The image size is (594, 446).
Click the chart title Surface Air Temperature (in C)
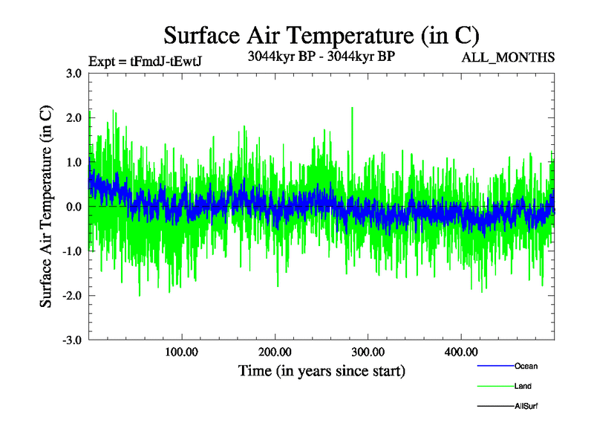click(x=322, y=35)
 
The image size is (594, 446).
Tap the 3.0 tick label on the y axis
click(x=74, y=74)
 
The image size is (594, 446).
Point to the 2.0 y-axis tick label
click(x=74, y=118)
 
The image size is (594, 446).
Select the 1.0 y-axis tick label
click(x=74, y=163)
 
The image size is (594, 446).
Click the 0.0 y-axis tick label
click(x=74, y=207)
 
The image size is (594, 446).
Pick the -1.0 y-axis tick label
click(x=71, y=251)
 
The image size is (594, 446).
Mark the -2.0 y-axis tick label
click(x=71, y=296)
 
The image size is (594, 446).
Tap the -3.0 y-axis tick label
click(x=71, y=340)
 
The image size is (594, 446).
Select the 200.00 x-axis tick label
click(x=275, y=352)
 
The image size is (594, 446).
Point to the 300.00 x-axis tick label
click(x=368, y=352)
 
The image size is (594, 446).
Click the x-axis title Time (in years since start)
click(x=322, y=370)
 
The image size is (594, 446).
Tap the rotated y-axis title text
click(x=46, y=207)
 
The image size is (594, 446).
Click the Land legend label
click(x=523, y=386)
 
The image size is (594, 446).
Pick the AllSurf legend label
click(x=526, y=406)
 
